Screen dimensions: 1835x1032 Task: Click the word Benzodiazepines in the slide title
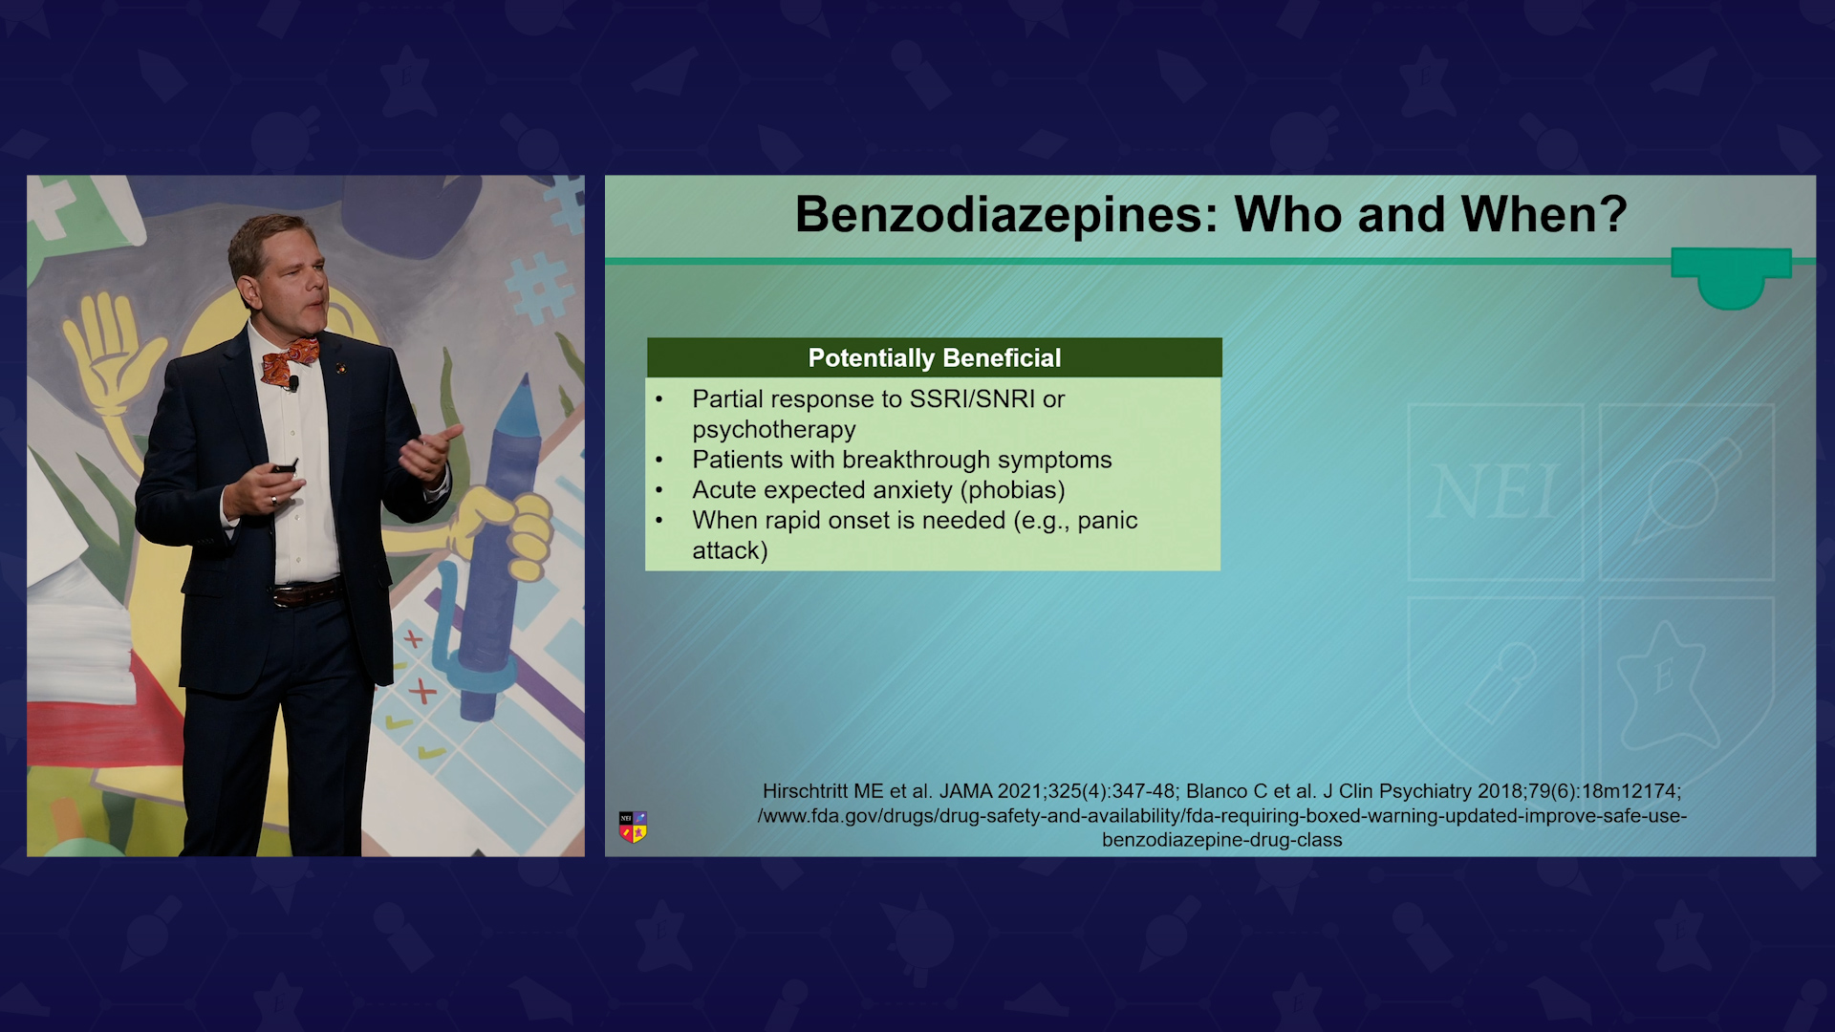click(x=1006, y=215)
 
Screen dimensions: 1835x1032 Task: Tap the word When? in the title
click(x=1544, y=213)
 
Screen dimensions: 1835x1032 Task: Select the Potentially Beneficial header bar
click(x=934, y=357)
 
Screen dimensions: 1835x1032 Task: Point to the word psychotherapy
click(x=774, y=430)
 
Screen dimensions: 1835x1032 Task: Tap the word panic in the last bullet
click(x=1108, y=521)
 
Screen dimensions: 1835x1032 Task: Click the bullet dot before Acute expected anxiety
click(x=659, y=490)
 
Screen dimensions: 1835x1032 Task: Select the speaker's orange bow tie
click(x=290, y=360)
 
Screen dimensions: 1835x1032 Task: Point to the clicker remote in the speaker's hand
click(x=284, y=467)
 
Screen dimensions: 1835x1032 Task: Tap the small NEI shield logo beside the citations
click(x=633, y=827)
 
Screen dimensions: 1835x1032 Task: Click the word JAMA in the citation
click(x=965, y=791)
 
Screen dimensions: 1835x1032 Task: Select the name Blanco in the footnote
click(x=1217, y=791)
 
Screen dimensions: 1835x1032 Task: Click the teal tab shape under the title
click(x=1731, y=278)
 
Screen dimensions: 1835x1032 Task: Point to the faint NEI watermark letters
click(x=1494, y=493)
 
